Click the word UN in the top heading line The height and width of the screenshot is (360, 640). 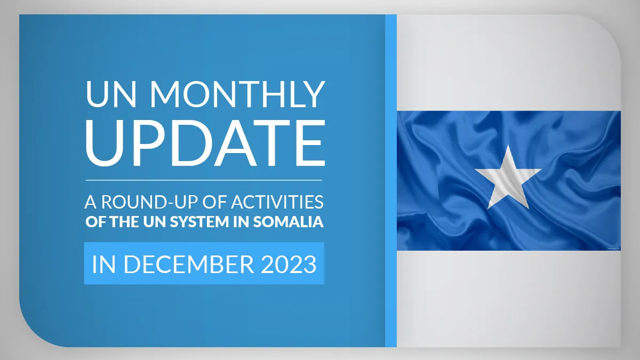tap(111, 94)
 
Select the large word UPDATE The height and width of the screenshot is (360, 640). tap(205, 143)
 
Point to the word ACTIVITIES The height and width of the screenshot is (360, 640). tap(277, 202)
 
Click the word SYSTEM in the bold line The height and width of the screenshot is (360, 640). tap(199, 222)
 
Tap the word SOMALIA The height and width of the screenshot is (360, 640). tap(289, 222)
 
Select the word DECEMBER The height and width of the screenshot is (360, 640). tap(189, 265)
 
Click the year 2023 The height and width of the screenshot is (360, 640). tap(289, 265)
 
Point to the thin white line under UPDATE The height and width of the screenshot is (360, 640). tap(204, 180)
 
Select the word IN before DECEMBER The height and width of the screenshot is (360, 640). tap(103, 265)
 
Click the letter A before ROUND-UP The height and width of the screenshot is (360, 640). tap(91, 202)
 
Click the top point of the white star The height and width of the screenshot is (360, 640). tap(508, 145)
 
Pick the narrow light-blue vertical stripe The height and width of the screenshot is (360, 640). tap(391, 181)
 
